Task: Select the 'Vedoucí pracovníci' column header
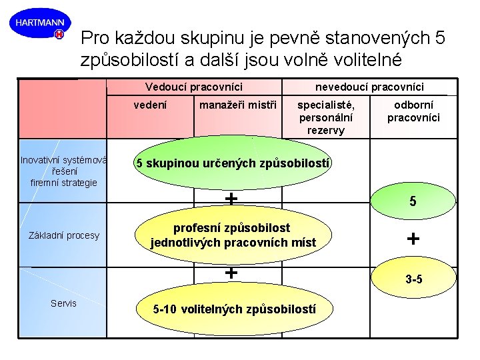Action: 193,87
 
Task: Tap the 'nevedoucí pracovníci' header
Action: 369,87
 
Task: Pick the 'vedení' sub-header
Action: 151,105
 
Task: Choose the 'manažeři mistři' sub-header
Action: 238,105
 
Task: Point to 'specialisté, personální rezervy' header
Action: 326,117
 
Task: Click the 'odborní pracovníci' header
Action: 413,111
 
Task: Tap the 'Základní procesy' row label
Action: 64,235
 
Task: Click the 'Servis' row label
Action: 64,303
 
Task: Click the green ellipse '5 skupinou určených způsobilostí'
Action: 233,163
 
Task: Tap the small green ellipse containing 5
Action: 413,199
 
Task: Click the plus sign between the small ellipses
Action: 413,239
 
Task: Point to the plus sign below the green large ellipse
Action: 231,198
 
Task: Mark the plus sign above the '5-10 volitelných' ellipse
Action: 231,272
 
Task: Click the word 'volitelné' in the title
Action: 363,59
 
